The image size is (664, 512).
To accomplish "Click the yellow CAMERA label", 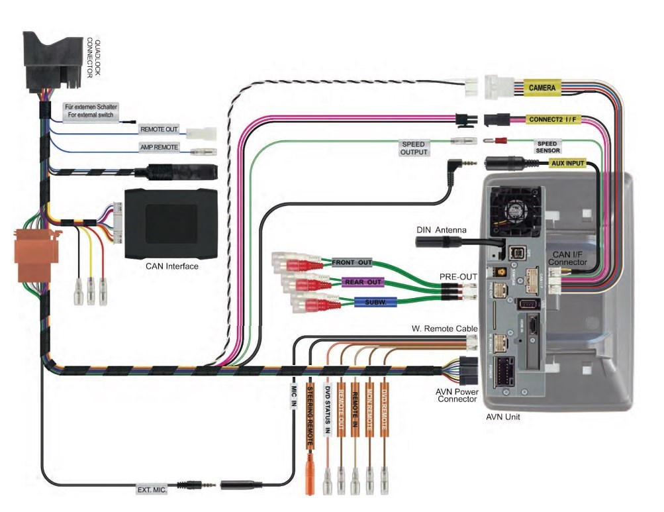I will point(542,87).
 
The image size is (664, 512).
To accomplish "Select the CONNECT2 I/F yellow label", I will point(551,120).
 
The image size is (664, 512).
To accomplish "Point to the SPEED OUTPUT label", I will point(413,148).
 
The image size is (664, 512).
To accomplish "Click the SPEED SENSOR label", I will point(547,146).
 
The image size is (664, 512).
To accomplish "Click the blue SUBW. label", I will point(375,303).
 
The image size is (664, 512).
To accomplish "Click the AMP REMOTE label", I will point(158,147).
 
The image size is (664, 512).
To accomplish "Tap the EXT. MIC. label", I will point(151,489).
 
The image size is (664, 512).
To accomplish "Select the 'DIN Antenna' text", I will point(441,230).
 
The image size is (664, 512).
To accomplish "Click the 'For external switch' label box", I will point(91,111).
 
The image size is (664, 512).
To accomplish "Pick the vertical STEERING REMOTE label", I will point(310,415).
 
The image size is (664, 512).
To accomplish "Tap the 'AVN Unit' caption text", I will point(503,417).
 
